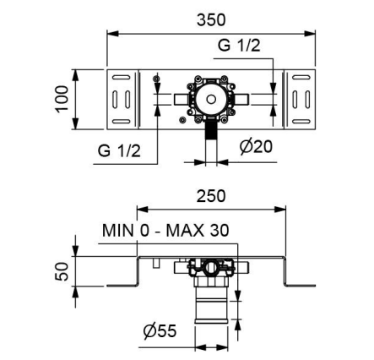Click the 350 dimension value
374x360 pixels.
211,20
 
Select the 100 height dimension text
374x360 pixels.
62,99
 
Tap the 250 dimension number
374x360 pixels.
211,196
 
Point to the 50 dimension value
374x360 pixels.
62,271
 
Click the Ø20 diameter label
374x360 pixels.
256,146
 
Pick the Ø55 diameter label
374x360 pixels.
160,330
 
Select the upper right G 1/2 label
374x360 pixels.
239,45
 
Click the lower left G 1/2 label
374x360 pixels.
119,150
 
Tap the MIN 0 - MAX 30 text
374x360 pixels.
165,230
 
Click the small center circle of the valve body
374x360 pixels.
211,99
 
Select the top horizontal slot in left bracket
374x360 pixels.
122,77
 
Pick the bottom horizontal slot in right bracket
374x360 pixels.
301,122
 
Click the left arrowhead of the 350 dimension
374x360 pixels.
113,34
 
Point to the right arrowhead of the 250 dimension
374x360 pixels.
279,210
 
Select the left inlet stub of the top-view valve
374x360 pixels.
182,99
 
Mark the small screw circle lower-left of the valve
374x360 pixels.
183,120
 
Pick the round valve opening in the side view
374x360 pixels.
211,267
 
